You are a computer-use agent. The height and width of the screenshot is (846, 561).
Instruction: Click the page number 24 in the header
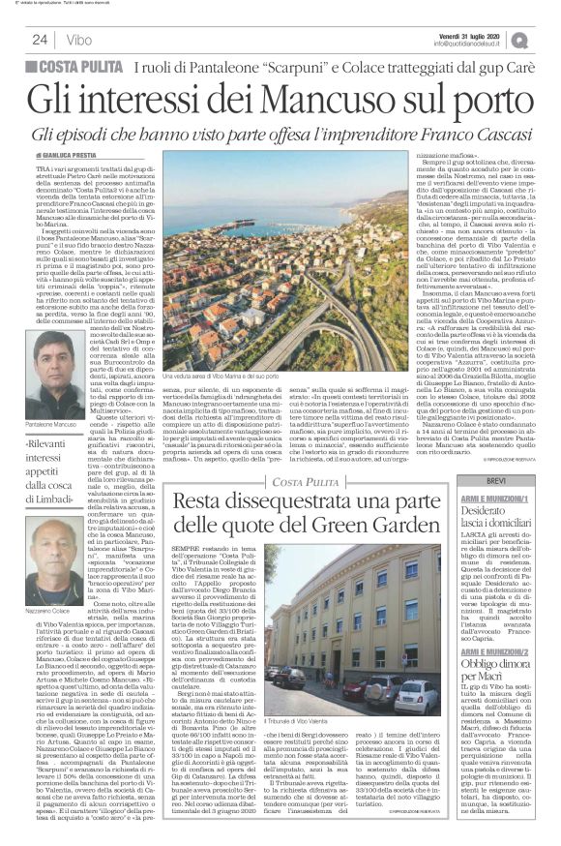pos(40,39)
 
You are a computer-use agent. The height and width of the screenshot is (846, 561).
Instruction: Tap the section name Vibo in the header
pos(80,39)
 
